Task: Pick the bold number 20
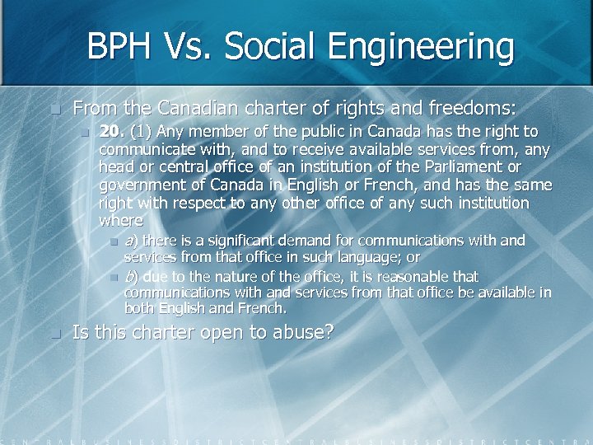coord(110,131)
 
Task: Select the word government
coord(138,185)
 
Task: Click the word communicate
coord(145,149)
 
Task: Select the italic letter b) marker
coord(130,276)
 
